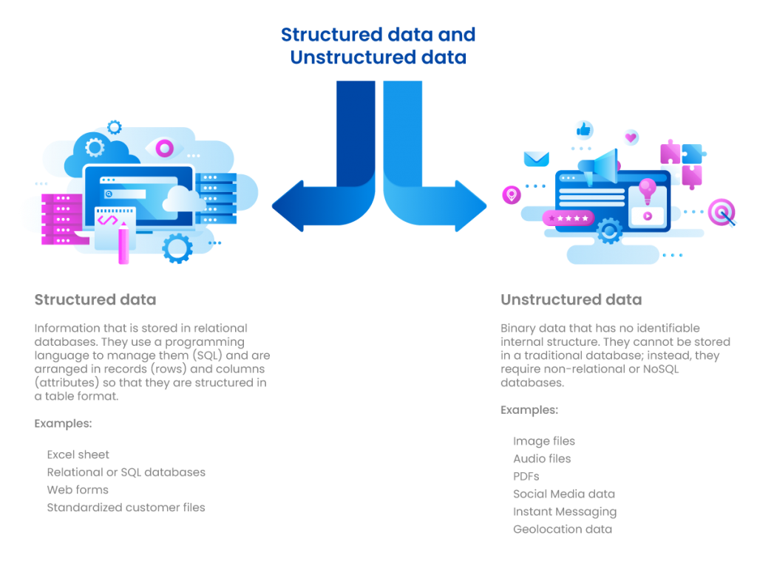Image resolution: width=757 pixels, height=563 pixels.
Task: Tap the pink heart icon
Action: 630,137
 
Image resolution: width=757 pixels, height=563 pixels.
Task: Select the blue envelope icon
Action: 536,158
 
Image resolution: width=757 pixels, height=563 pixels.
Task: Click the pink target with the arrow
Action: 721,212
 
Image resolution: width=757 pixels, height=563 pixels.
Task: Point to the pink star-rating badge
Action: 568,219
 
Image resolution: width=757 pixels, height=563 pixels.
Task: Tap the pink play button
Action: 647,216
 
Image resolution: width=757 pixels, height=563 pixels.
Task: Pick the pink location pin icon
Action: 511,195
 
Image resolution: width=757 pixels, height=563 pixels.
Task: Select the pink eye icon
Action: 165,147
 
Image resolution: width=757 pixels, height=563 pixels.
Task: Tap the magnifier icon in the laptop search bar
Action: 109,194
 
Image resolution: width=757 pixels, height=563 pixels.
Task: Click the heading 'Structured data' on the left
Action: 95,300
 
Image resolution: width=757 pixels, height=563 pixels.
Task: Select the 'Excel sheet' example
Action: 78,454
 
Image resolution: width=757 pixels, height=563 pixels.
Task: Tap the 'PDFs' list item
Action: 526,477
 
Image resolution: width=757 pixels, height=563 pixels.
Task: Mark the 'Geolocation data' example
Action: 562,529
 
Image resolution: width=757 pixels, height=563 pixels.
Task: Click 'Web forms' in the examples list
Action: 78,490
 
